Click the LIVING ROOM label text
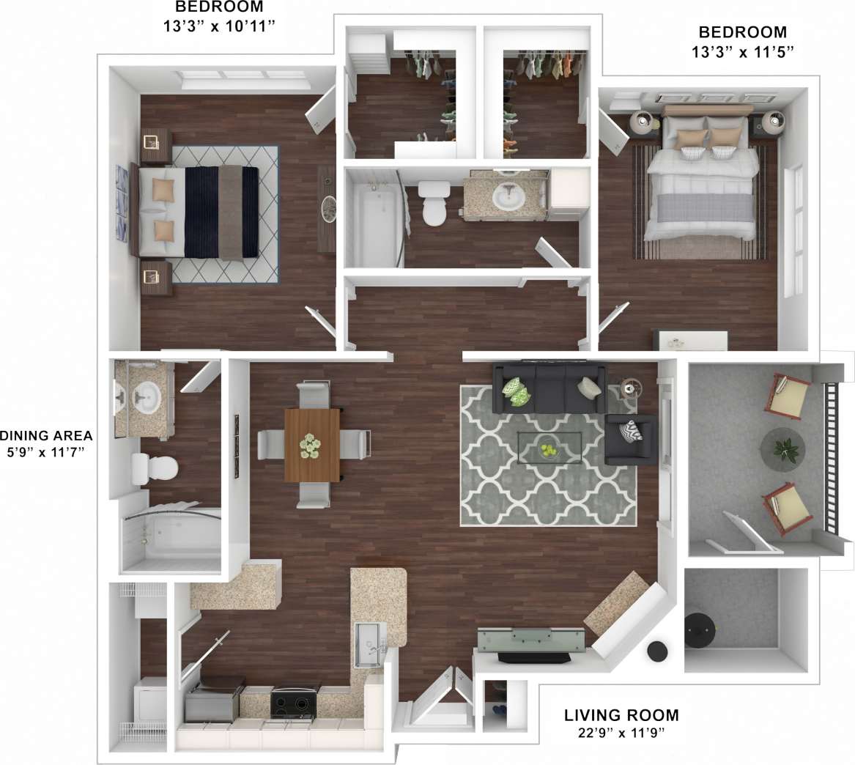coord(621,714)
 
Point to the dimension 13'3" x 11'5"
coord(742,51)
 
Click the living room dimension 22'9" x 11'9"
coord(621,732)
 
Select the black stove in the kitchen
coord(295,702)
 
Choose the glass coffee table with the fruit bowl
coord(549,448)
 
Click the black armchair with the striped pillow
coord(630,440)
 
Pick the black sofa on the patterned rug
coord(549,388)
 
